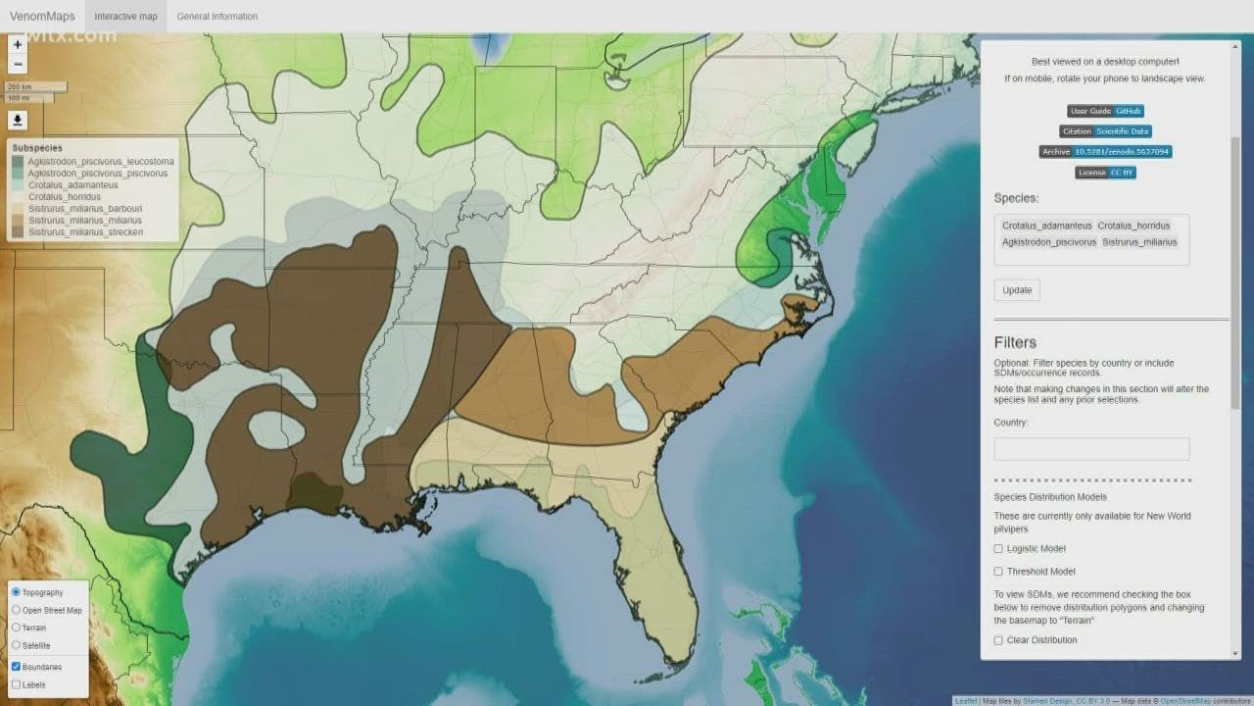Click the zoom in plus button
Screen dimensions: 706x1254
18,45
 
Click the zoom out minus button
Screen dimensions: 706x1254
18,65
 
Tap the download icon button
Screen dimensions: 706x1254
18,121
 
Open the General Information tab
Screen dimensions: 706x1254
217,16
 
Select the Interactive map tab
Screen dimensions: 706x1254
125,16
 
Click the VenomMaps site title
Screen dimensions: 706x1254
42,16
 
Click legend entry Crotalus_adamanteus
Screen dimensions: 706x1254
73,185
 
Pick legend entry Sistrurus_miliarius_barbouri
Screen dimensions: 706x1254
85,209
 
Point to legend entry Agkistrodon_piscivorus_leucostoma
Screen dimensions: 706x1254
101,162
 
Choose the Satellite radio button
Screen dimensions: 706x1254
16,645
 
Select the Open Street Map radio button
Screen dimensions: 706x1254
16,610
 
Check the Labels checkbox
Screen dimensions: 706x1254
16,684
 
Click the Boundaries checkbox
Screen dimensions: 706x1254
16,667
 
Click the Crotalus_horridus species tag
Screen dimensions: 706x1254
1133,227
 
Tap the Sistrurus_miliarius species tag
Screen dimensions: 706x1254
1139,242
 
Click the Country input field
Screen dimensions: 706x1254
1091,449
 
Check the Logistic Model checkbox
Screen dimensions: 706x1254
998,549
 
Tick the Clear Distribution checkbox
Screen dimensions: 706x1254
998,640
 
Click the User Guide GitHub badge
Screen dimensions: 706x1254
1106,112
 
